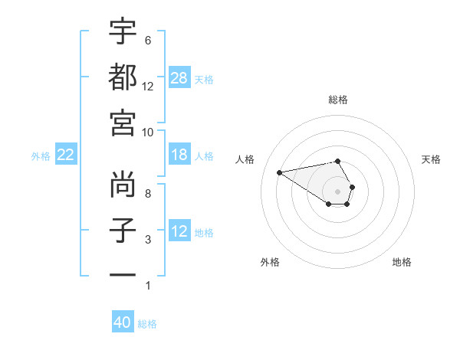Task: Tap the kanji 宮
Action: point(123,123)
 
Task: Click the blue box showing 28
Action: point(179,77)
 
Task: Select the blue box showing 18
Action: point(179,155)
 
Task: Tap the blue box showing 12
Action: point(179,231)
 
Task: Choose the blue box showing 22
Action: point(66,155)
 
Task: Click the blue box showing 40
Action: point(123,322)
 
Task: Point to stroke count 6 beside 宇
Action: point(147,40)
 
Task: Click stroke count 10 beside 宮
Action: point(149,132)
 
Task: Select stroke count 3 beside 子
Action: point(147,240)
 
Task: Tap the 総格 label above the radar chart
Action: point(338,100)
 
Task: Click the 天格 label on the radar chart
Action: point(431,159)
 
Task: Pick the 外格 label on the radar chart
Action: point(270,262)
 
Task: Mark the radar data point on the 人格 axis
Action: point(279,172)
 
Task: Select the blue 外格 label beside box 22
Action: point(40,155)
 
